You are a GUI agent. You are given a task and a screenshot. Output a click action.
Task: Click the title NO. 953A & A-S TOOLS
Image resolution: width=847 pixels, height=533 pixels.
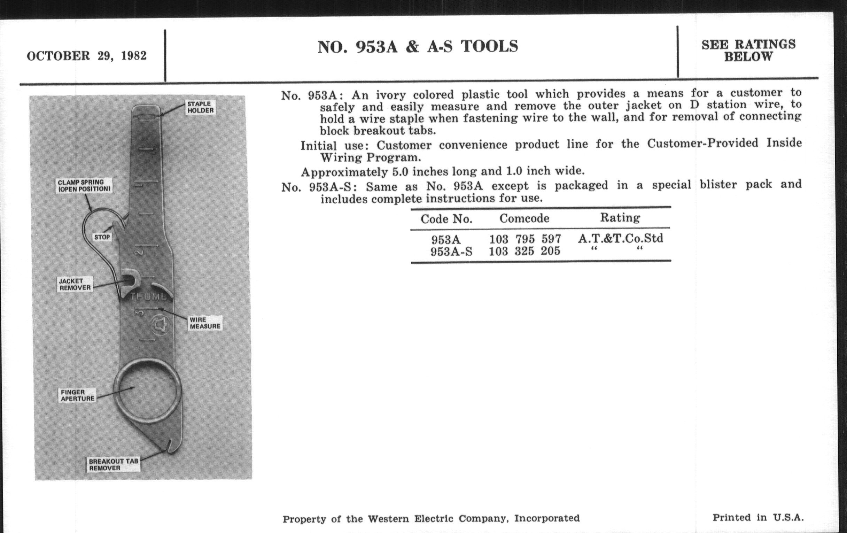(418, 47)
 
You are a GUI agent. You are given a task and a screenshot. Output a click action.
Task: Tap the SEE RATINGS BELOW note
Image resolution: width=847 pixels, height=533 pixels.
(748, 50)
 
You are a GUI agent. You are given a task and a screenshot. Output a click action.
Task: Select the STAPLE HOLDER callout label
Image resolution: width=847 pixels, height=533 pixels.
(200, 107)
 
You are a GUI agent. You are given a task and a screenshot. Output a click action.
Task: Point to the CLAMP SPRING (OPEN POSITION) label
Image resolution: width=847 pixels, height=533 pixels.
(84, 185)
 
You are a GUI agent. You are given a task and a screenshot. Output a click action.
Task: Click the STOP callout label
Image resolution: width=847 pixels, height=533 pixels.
(102, 237)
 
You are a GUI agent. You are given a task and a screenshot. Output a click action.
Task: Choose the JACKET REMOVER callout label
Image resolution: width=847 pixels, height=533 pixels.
(75, 284)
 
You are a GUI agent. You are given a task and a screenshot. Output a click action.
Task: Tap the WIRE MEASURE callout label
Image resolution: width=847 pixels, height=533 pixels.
(205, 323)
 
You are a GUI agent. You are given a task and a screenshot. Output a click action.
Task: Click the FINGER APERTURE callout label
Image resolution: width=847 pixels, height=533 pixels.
(77, 395)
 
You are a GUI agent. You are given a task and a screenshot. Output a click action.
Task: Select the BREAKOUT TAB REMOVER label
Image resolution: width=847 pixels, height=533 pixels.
(113, 464)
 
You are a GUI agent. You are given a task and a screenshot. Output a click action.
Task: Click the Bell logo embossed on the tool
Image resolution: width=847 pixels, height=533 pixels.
(160, 324)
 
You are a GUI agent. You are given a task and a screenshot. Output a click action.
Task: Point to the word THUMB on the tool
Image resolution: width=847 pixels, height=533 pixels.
(148, 296)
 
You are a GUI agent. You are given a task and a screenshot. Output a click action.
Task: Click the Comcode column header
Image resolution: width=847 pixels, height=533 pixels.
(524, 218)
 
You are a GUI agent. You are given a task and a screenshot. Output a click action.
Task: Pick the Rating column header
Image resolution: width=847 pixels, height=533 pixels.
(620, 217)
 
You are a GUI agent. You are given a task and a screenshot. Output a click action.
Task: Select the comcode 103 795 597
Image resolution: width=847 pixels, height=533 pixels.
(525, 239)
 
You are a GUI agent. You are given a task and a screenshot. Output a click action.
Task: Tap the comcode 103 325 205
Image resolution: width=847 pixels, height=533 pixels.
(524, 251)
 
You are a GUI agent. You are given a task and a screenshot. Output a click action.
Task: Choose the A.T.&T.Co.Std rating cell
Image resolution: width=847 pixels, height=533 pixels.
(621, 239)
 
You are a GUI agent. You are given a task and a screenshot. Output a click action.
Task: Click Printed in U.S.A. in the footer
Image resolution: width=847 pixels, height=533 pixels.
(758, 518)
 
